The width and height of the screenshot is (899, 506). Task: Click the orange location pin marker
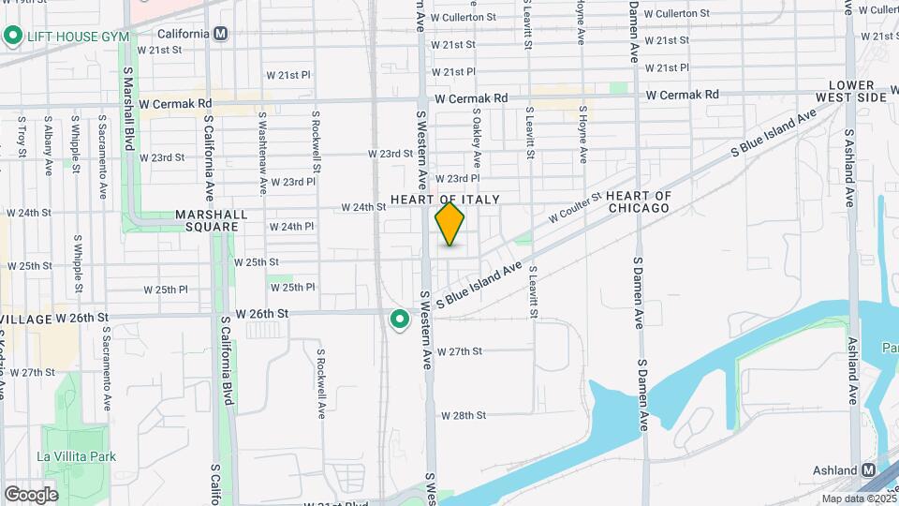tap(450, 223)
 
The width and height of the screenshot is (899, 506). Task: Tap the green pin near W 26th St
tap(400, 320)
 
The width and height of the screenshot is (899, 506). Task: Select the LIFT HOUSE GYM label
tap(79, 37)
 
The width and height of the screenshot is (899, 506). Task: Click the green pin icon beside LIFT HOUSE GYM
tap(13, 37)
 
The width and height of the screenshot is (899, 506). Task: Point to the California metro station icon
tap(221, 34)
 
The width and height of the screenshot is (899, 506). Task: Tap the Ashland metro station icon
tap(869, 469)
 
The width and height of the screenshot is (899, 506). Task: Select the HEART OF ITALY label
tap(445, 200)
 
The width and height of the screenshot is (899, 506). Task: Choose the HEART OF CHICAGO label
tap(639, 201)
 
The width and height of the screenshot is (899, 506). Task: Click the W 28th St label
tap(464, 414)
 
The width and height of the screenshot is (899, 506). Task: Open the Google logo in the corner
tap(31, 494)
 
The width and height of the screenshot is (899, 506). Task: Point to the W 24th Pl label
tap(291, 227)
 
